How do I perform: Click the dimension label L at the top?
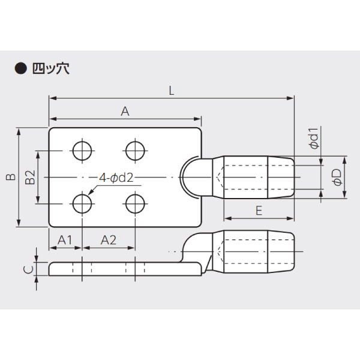click(x=172, y=91)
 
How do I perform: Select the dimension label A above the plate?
click(x=125, y=110)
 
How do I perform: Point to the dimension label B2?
click(x=30, y=178)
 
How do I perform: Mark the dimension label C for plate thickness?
click(x=28, y=269)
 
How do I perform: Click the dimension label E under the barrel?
click(x=259, y=211)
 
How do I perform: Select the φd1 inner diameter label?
click(x=313, y=139)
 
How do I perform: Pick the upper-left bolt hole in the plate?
click(x=82, y=150)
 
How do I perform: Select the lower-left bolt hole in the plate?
click(x=82, y=204)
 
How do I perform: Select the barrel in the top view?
click(x=258, y=178)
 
